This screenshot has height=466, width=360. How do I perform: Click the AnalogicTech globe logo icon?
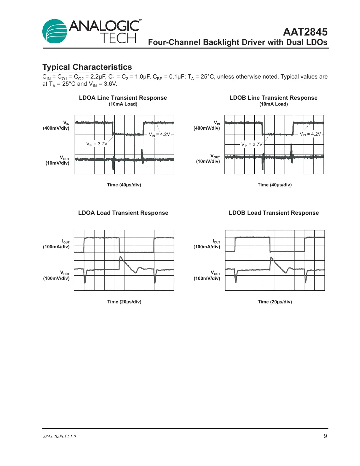pyautogui.click(x=55, y=31)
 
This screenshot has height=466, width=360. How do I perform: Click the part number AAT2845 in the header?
pyautogui.click(x=305, y=32)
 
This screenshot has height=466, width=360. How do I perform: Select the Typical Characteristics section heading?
pyautogui.click(x=87, y=67)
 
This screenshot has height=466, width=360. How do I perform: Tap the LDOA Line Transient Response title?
pyautogui.click(x=123, y=98)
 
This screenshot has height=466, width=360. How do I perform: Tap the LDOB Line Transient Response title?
pyautogui.click(x=273, y=98)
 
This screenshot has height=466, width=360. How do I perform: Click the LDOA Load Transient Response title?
pyautogui.click(x=123, y=213)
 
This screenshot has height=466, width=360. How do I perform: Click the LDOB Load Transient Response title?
pyautogui.click(x=274, y=213)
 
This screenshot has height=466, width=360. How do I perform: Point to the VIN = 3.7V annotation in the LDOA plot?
pyautogui.click(x=96, y=144)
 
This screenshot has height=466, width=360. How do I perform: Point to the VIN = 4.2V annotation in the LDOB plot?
pyautogui.click(x=310, y=134)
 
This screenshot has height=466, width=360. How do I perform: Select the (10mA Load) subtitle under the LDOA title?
pyautogui.click(x=123, y=104)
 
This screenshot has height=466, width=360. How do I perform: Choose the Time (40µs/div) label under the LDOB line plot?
pyautogui.click(x=274, y=185)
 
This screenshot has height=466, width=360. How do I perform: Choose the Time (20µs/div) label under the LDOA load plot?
pyautogui.click(x=124, y=302)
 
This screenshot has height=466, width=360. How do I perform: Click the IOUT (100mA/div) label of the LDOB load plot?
pyautogui.click(x=207, y=244)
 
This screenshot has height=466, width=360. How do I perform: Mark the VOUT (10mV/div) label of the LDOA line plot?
pyautogui.click(x=58, y=160)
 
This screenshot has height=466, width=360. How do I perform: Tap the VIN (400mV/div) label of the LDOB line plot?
pyautogui.click(x=207, y=125)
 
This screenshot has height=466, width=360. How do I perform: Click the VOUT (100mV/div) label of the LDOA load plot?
pyautogui.click(x=56, y=276)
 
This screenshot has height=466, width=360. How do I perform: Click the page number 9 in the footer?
pyautogui.click(x=325, y=436)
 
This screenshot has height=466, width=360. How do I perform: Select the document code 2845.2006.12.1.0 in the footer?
pyautogui.click(x=59, y=436)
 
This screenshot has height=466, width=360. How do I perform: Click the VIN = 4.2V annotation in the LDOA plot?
pyautogui.click(x=159, y=134)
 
